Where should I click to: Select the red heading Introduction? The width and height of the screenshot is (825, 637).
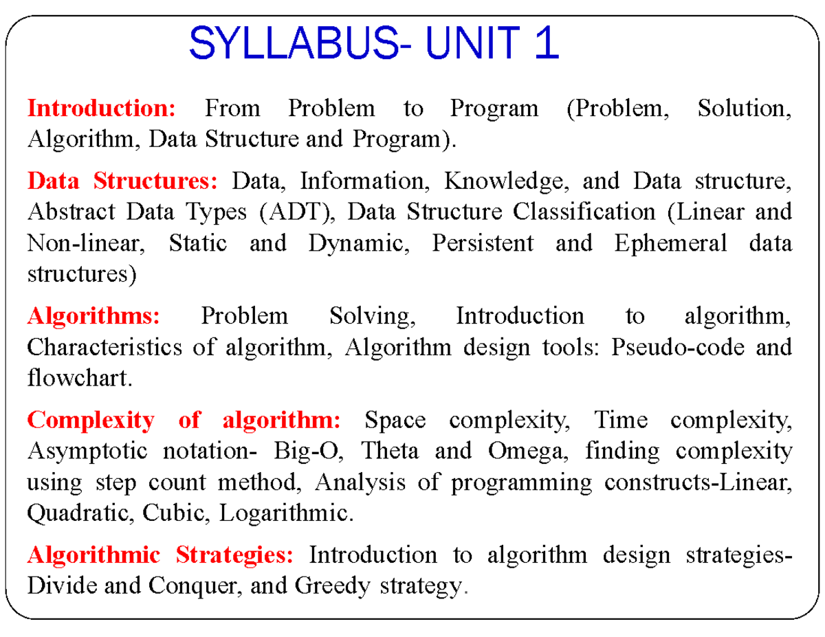pos(102,108)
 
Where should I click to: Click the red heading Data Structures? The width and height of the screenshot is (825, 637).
pos(122,181)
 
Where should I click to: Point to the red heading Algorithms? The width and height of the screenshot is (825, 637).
pos(93,316)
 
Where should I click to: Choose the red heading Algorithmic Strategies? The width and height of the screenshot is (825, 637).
pos(160,554)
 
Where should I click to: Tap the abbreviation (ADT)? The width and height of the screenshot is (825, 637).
pos(296,212)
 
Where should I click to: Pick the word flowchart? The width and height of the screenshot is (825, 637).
pos(78,378)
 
